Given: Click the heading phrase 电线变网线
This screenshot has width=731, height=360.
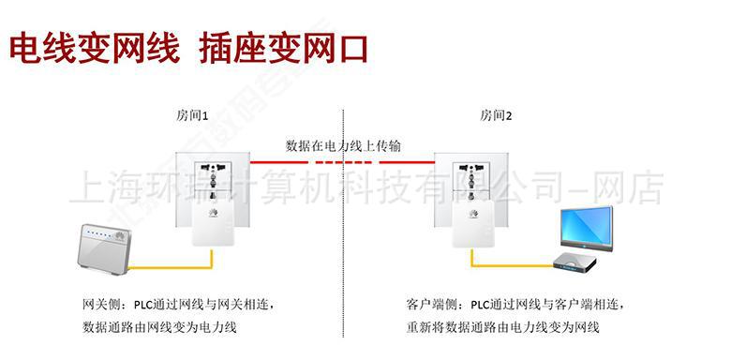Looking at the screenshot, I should [x=94, y=48].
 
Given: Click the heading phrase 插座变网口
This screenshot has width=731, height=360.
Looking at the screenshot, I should [x=284, y=48].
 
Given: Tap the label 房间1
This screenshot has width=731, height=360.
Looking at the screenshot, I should [x=192, y=116].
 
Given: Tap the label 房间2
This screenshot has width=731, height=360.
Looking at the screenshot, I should [x=497, y=116].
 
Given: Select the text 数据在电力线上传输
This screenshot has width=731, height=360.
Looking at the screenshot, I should [x=344, y=146].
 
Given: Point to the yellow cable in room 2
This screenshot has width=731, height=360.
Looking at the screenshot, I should [x=511, y=265].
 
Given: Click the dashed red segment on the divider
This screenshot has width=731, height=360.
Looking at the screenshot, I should [x=345, y=162].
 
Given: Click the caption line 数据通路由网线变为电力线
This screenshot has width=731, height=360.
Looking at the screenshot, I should [x=160, y=327].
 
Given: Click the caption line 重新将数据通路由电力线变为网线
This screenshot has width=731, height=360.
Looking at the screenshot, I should [x=502, y=327].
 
